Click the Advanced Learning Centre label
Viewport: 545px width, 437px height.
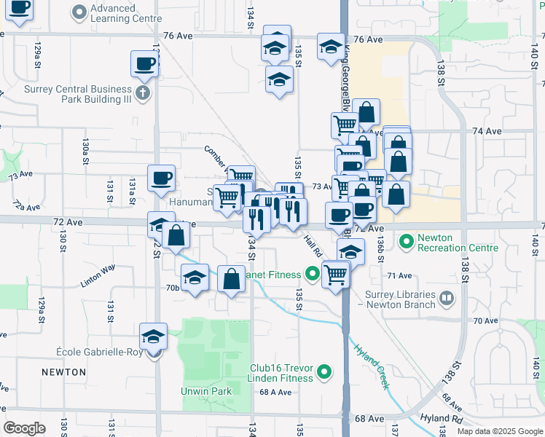point(113,13)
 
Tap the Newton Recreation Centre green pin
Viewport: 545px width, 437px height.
point(407,239)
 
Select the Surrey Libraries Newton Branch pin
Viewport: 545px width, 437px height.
point(446,296)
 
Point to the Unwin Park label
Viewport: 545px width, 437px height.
point(206,391)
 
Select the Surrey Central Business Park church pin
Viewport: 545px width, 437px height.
point(142,92)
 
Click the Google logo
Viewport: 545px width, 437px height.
point(25,428)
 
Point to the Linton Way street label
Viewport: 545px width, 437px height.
point(98,277)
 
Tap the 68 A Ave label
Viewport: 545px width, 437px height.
point(275,392)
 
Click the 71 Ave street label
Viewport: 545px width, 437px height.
point(400,276)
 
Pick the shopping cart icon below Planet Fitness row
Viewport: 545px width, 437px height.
point(335,275)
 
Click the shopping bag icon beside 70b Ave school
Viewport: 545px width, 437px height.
point(231,279)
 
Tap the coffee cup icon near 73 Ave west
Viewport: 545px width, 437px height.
point(161,177)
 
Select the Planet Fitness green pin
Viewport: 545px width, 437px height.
point(313,274)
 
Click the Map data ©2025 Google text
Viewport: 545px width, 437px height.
point(499,431)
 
